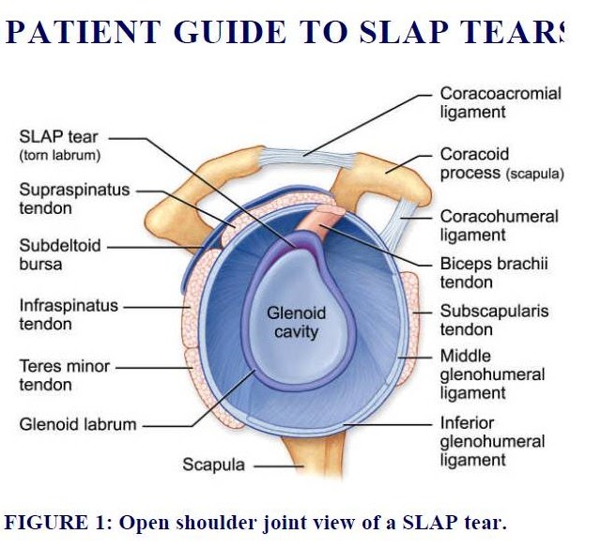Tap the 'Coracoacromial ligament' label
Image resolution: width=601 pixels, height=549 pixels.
[500, 103]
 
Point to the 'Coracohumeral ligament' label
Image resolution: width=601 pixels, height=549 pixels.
[499, 226]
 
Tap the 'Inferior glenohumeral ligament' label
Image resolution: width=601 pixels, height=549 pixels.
[492, 441]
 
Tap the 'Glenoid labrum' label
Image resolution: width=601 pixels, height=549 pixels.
[77, 423]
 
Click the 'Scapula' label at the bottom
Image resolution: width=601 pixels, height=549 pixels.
[213, 465]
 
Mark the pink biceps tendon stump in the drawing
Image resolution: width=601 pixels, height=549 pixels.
[314, 222]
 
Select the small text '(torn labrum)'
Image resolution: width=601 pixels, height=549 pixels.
[59, 155]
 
